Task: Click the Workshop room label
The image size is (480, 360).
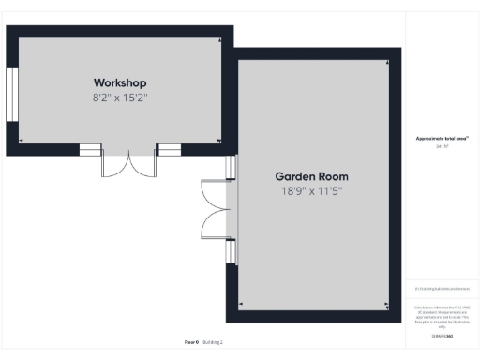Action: pos(119,82)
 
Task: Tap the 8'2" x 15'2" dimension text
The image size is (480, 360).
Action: pos(119,97)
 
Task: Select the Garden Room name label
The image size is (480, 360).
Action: pos(311,176)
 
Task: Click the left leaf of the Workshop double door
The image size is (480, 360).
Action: pos(115,164)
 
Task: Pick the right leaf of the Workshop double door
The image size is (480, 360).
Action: pos(143,164)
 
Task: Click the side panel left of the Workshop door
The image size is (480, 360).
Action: pos(90,149)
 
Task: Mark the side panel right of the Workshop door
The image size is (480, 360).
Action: pos(169,149)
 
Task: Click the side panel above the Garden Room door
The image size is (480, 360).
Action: pos(232,166)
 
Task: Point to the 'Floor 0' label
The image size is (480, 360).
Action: pos(190,342)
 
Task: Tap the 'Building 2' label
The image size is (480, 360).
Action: pos(214,342)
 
